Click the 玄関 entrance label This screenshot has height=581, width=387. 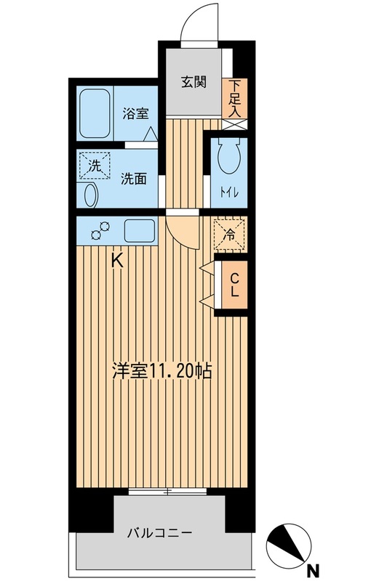point(193,81)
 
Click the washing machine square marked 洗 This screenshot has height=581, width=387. point(95,166)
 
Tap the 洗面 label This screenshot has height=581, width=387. point(134,178)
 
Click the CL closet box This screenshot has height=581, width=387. point(235,286)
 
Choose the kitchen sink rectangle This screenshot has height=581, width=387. point(139,232)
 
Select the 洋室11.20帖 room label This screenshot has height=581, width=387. point(161,371)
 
